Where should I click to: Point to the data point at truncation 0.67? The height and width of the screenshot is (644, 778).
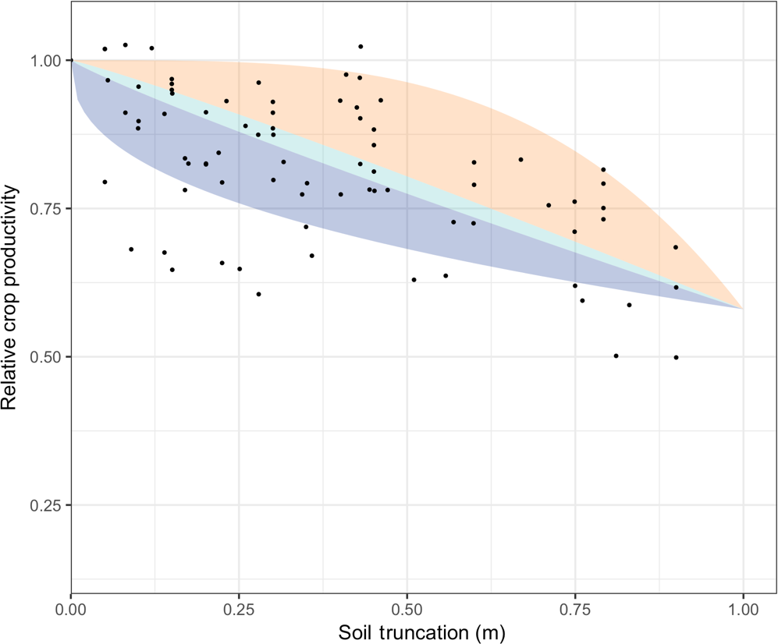pos(520,160)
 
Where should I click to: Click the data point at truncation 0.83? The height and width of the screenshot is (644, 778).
pos(629,305)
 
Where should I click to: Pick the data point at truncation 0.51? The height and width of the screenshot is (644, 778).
pos(414,279)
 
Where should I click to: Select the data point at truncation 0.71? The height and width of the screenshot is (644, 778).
pos(549,205)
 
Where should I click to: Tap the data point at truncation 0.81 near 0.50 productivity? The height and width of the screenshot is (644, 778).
pos(616,356)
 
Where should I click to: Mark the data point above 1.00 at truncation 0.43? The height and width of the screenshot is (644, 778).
pos(361,47)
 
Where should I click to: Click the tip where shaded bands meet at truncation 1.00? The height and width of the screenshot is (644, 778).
pos(742,309)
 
